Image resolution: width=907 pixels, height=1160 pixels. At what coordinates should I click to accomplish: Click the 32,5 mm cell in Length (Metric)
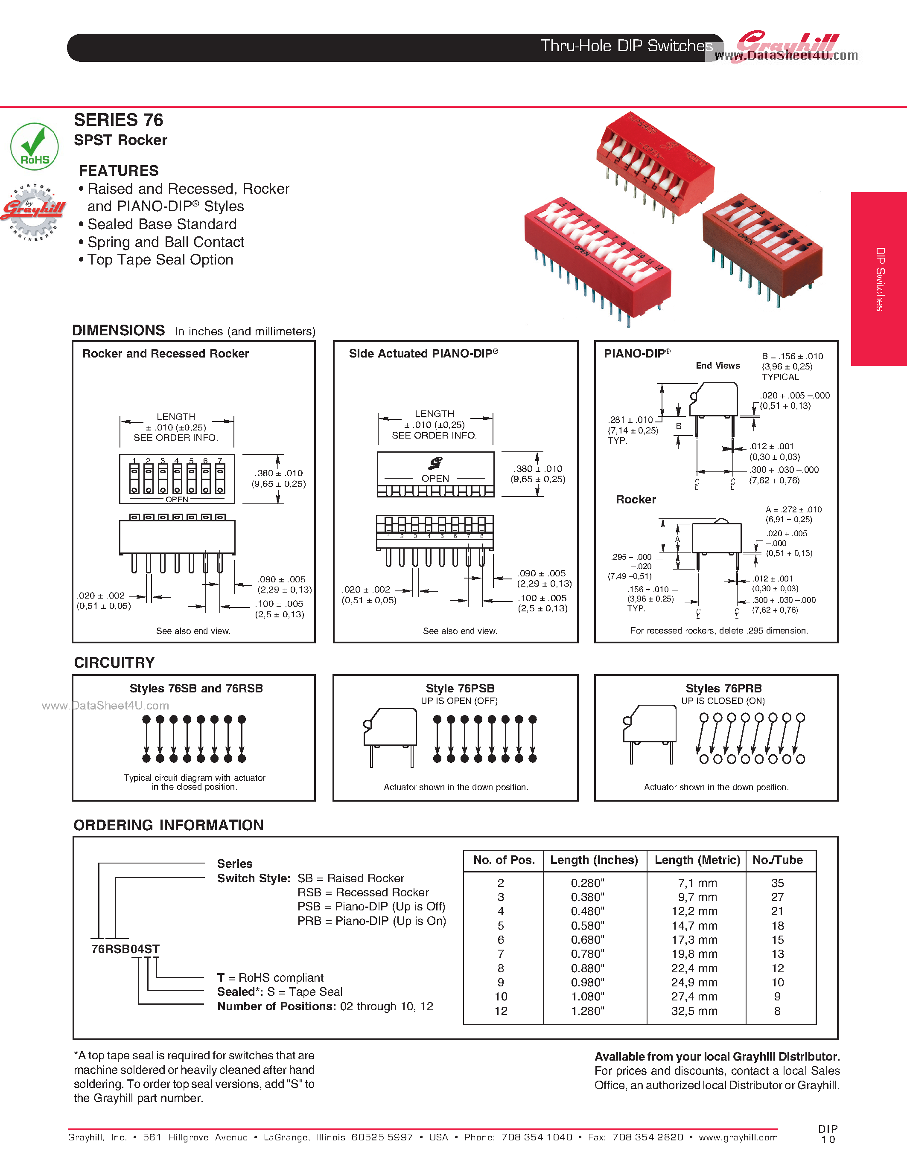click(694, 1011)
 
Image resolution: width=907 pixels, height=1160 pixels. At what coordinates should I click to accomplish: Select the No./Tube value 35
click(777, 883)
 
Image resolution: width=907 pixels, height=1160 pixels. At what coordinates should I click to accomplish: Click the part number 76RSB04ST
click(125, 949)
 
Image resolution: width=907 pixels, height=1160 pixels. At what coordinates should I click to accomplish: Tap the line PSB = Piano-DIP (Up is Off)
click(371, 907)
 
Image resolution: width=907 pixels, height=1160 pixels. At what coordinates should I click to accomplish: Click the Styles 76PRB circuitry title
click(723, 688)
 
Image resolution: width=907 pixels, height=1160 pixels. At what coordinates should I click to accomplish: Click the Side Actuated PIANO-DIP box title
click(423, 354)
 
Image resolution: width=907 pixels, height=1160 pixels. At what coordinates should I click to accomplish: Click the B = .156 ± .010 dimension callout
click(792, 356)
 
